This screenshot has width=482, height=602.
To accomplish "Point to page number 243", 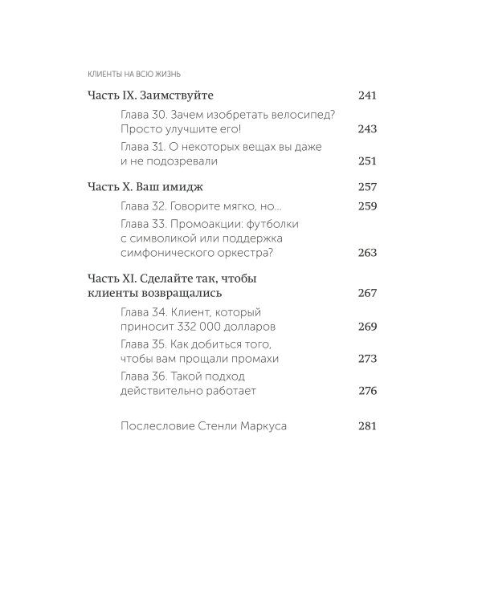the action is (x=366, y=129).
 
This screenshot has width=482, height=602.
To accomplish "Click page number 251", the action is (x=366, y=161).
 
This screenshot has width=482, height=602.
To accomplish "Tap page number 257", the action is (x=366, y=186).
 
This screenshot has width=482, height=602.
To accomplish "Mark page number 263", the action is (x=366, y=253).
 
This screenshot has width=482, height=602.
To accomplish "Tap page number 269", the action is (x=366, y=327).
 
